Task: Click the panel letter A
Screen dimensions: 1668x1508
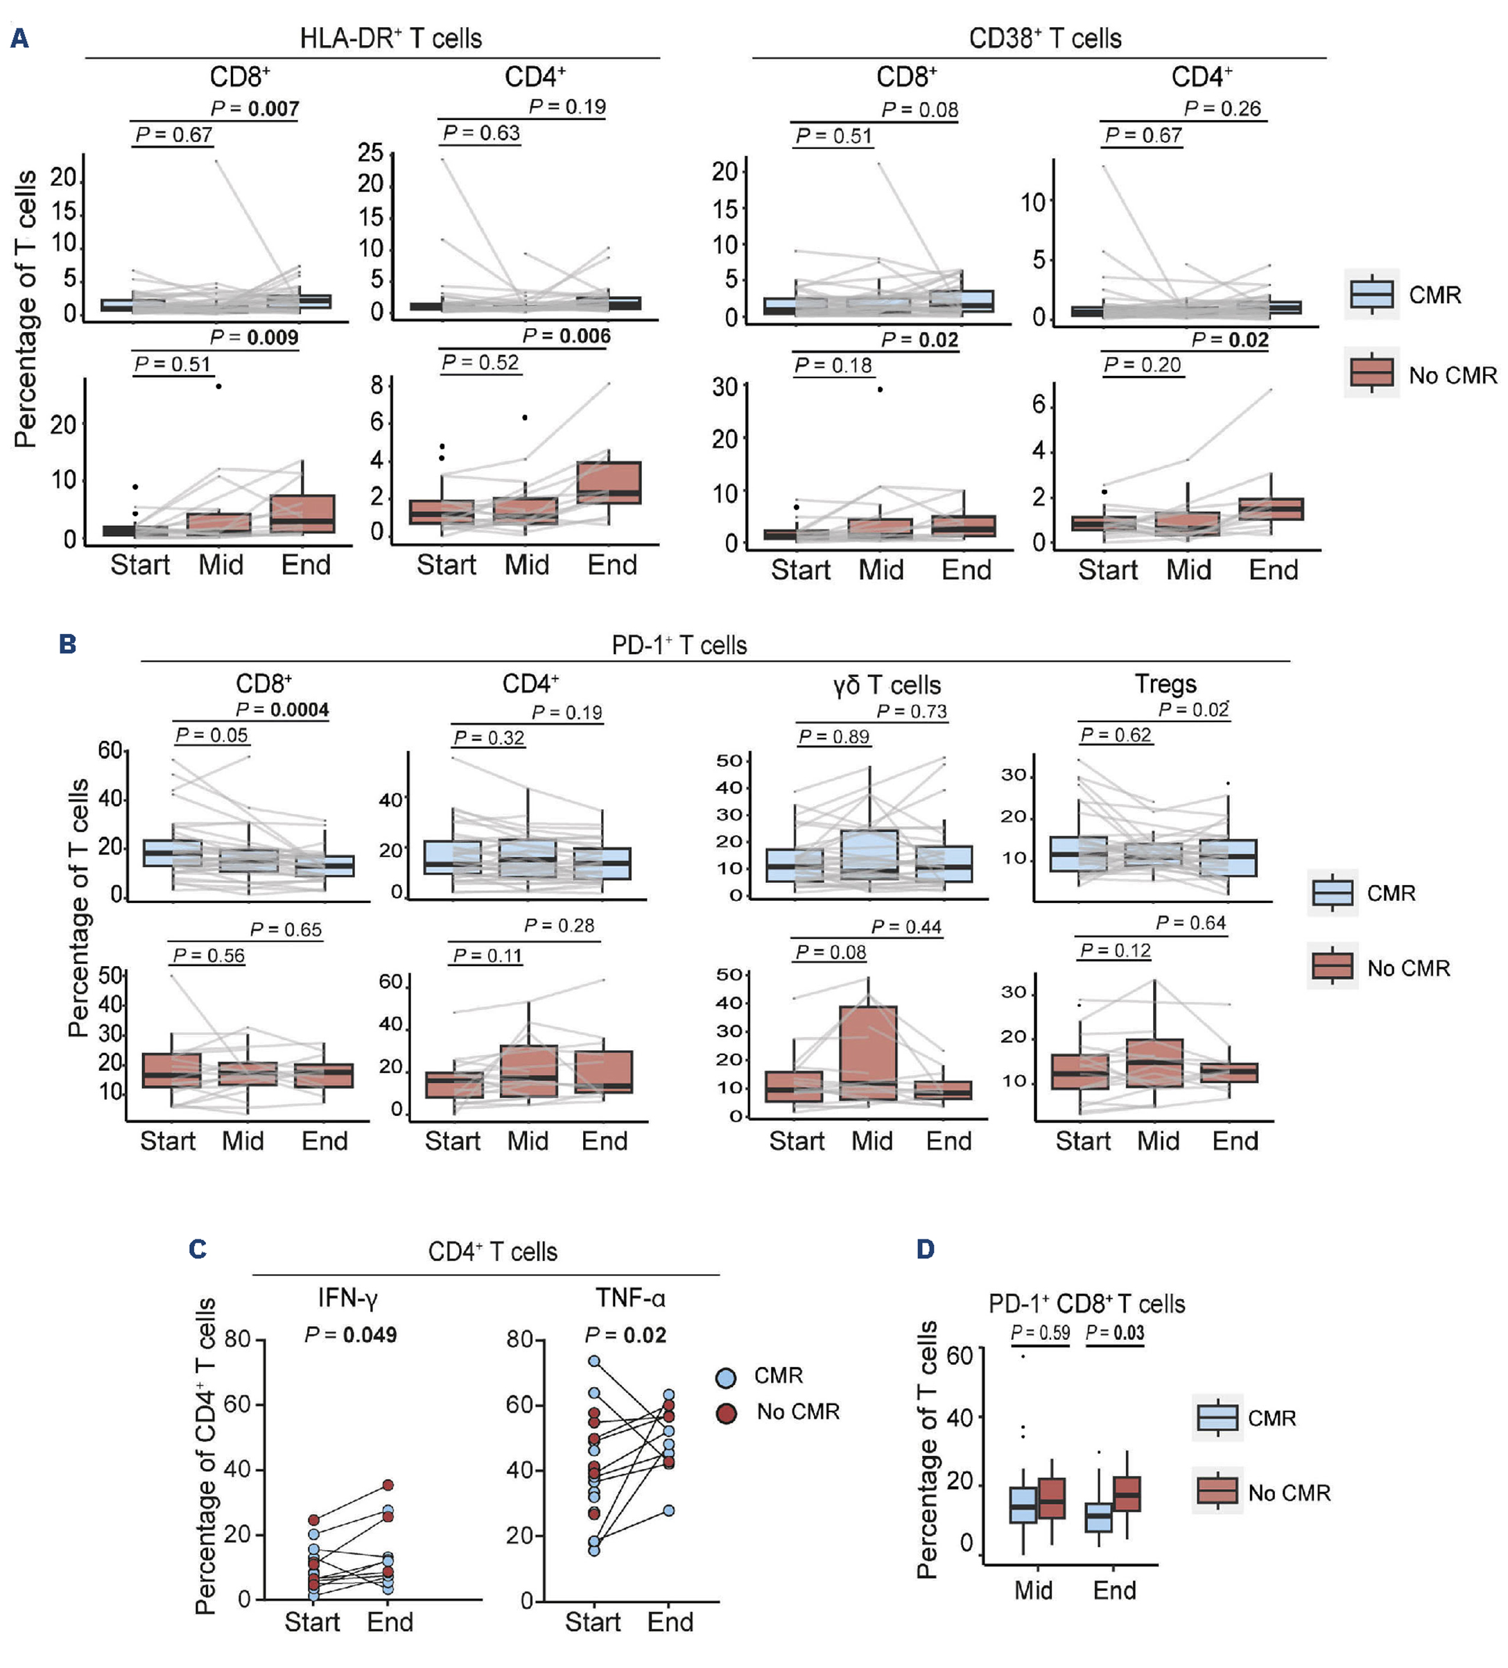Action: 20,38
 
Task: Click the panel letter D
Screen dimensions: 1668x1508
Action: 925,1249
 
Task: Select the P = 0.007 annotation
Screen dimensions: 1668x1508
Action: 254,108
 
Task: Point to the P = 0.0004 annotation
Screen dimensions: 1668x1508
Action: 282,710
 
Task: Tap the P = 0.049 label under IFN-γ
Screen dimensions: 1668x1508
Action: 351,1334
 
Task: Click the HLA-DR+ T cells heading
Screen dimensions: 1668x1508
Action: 390,38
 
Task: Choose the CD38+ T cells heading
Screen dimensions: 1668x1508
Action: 1045,38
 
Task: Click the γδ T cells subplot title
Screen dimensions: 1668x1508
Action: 887,685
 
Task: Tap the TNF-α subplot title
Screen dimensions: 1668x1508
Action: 630,1298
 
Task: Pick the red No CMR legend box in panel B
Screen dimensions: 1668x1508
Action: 1332,966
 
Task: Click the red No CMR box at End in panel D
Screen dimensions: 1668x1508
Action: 1127,1493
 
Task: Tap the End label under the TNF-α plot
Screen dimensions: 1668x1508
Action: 670,1622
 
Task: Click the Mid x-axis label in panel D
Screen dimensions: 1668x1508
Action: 1033,1590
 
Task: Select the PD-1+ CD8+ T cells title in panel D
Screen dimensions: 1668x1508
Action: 1086,1305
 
